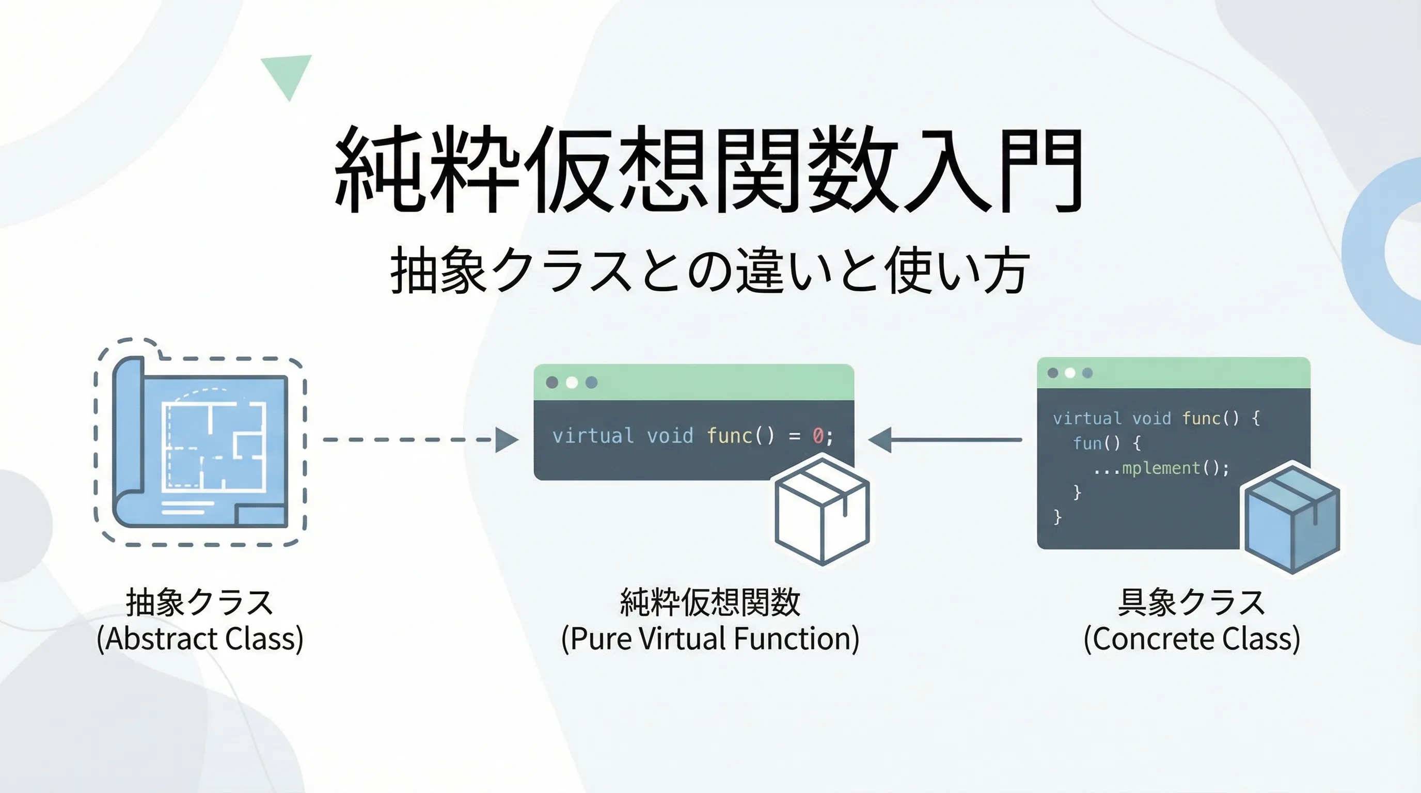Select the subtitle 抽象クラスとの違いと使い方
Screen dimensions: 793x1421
point(709,270)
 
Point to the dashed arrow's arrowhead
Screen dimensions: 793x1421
point(507,439)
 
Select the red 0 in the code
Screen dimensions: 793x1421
point(818,436)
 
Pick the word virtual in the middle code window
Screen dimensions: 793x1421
point(593,436)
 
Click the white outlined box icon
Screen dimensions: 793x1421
point(822,510)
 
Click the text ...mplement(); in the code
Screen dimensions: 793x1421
point(1161,468)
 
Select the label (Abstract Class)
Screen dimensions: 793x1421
point(200,639)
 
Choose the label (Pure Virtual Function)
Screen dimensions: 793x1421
point(710,639)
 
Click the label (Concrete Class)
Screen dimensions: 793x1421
point(1192,639)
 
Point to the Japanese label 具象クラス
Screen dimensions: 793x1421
point(1192,601)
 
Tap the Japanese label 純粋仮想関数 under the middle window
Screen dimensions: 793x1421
point(710,601)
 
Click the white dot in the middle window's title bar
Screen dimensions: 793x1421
point(572,382)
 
